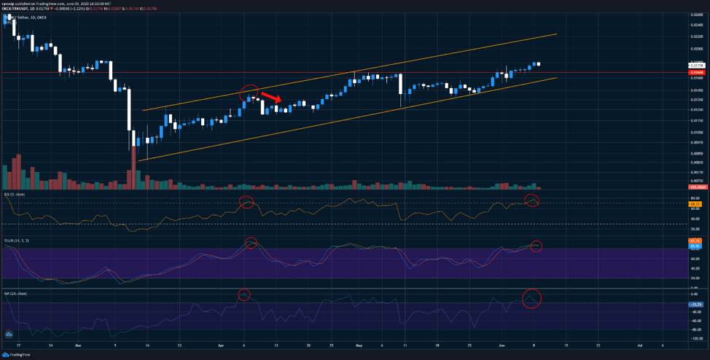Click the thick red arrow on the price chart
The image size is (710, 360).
[x=270, y=98]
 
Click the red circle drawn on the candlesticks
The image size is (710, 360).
[x=249, y=93]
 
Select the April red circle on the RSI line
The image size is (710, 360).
[x=246, y=202]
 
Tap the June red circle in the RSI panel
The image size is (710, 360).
[x=532, y=200]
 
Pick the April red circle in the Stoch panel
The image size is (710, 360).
[x=251, y=243]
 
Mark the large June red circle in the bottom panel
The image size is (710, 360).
[x=532, y=298]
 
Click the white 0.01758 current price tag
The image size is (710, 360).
[x=696, y=66]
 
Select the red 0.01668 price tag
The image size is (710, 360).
[x=696, y=73]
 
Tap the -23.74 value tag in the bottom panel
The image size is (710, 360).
[x=696, y=304]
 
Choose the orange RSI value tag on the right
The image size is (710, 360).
[x=696, y=203]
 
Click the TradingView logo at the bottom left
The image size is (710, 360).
[x=15, y=355]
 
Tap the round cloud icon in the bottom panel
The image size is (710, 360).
[x=9, y=334]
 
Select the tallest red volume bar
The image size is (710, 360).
[x=133, y=168]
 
